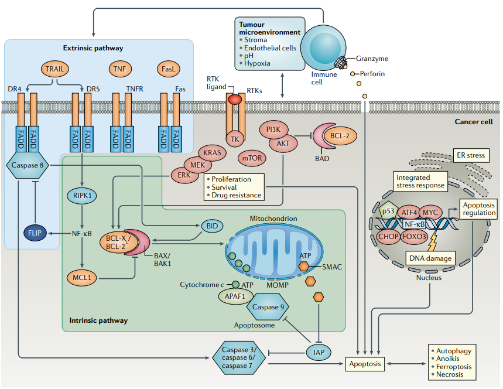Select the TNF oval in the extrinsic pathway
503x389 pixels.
pyautogui.click(x=119, y=69)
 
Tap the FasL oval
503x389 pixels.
pyautogui.click(x=168, y=69)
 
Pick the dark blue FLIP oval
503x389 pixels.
pyautogui.click(x=36, y=233)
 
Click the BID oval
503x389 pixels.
pyautogui.click(x=213, y=226)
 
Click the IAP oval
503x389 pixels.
pyautogui.click(x=319, y=352)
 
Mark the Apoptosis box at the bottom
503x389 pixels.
pyautogui.click(x=365, y=364)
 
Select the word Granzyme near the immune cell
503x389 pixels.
pyautogui.click(x=372, y=58)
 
